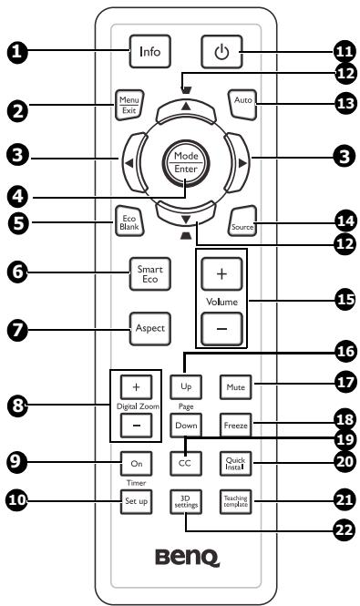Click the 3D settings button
click(184, 500)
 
